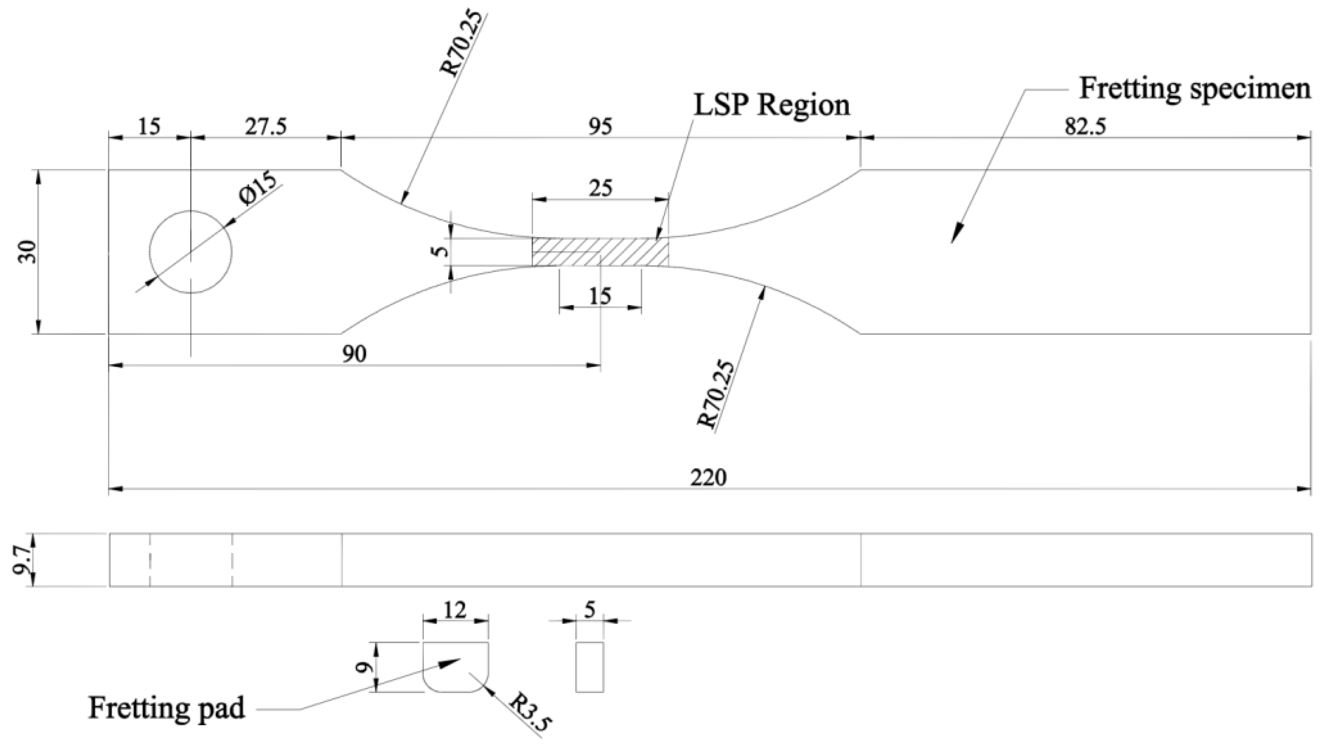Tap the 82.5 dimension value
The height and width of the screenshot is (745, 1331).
[1085, 126]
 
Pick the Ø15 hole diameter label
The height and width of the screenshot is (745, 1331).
[257, 190]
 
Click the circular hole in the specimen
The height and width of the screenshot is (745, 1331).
[191, 252]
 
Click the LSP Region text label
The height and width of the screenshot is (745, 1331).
[771, 106]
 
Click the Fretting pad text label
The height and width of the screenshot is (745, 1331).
[166, 707]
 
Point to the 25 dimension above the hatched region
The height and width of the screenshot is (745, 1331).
[601, 188]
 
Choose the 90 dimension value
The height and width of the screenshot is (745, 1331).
[354, 354]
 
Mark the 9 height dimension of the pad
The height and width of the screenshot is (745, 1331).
[365, 667]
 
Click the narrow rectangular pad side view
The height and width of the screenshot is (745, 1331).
[590, 667]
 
